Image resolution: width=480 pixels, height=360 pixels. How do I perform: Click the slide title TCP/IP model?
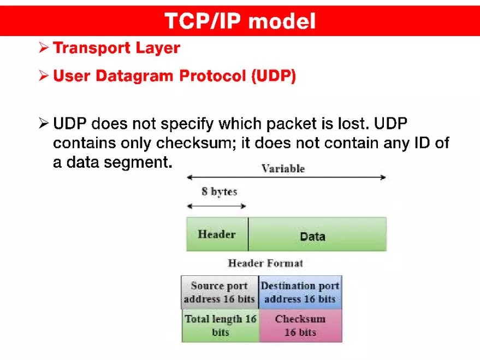(x=240, y=21)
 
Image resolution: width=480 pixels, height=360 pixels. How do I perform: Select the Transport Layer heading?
(x=116, y=48)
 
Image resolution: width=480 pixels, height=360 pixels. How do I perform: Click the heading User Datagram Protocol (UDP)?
(x=174, y=76)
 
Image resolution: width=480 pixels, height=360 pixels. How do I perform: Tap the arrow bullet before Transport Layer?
(x=44, y=48)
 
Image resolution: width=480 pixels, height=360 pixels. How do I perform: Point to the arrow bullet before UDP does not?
(x=44, y=123)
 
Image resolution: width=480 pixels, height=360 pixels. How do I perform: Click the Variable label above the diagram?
(x=283, y=168)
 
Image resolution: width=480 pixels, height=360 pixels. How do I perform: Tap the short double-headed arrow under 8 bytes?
(x=216, y=206)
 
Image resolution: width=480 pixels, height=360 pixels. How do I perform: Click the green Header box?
(x=217, y=234)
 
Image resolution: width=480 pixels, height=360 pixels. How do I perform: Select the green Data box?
(x=317, y=235)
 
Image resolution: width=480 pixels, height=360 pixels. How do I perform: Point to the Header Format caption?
(x=265, y=263)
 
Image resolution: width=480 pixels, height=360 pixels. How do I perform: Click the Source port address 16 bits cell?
(x=220, y=292)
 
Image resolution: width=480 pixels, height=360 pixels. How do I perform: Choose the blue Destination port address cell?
(x=300, y=292)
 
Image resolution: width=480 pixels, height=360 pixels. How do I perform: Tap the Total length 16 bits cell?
(x=220, y=326)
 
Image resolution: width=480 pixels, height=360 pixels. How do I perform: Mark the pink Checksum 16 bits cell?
(x=300, y=326)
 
